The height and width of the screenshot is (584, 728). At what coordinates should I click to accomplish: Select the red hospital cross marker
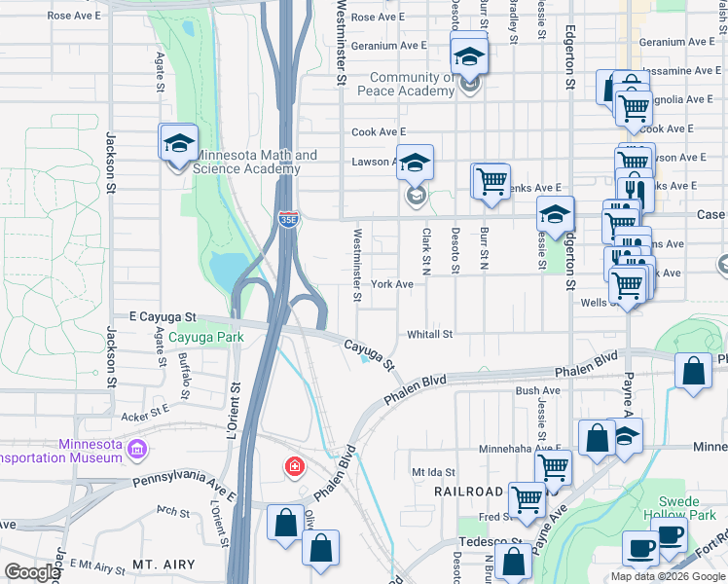pyautogui.click(x=293, y=468)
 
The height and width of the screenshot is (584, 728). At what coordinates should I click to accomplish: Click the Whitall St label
pyautogui.click(x=430, y=334)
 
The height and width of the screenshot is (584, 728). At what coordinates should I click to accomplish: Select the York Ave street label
pyautogui.click(x=392, y=284)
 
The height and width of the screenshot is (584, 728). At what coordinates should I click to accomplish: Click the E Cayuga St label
pyautogui.click(x=164, y=317)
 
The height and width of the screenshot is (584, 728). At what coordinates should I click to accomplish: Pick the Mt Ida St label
pyautogui.click(x=433, y=471)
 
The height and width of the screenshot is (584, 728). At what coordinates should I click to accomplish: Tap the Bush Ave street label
pyautogui.click(x=538, y=390)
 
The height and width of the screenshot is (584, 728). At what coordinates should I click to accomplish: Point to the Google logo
pyautogui.click(x=32, y=572)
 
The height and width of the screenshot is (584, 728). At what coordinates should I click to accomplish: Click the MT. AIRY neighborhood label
pyautogui.click(x=164, y=564)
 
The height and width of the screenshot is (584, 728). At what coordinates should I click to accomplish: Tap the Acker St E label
pyautogui.click(x=146, y=416)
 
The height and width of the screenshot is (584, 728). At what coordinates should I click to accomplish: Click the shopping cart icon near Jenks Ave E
pyautogui.click(x=491, y=181)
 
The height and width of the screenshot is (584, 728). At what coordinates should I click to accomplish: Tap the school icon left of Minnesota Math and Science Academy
pyautogui.click(x=179, y=143)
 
